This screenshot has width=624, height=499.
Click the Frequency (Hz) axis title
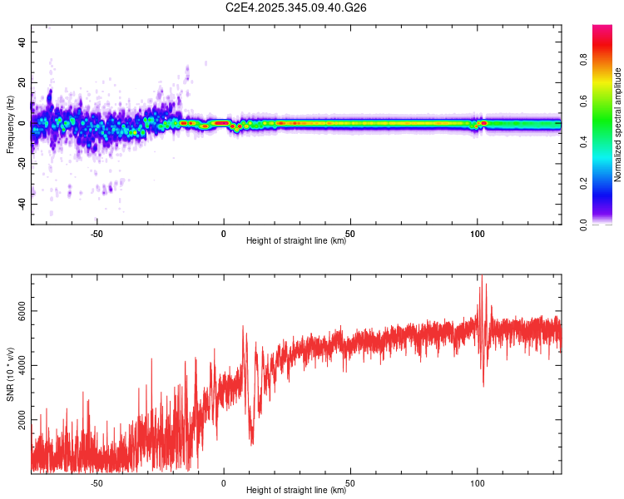10,123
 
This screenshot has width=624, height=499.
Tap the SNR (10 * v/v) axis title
10,374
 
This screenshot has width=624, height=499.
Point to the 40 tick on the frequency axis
21,42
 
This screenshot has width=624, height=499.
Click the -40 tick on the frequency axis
19,205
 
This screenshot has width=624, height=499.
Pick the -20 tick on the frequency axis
19,164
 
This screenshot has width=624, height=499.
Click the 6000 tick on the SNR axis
16,311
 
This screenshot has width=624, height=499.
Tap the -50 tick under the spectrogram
97,234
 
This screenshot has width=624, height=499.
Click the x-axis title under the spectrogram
296,241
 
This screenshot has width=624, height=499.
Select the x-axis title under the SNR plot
296,491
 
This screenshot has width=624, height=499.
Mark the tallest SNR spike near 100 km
480,278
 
